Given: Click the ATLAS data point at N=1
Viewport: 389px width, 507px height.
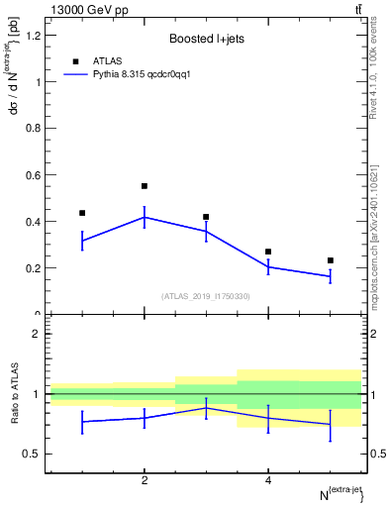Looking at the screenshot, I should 82,213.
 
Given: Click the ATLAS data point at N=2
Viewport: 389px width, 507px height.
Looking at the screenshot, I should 145,186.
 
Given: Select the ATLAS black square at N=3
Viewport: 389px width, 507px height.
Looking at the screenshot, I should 206,217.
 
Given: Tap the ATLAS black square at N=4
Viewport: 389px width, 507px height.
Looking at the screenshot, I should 268,252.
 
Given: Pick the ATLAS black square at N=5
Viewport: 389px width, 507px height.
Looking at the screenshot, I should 331,260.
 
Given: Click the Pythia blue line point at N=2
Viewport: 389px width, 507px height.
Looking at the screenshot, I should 145,217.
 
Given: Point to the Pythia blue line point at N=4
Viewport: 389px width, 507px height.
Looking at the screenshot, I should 268,266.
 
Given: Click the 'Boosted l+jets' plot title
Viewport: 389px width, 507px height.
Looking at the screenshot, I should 205,40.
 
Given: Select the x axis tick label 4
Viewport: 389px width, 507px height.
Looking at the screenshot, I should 268,481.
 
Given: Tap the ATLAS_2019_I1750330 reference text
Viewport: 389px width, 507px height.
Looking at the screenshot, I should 205,295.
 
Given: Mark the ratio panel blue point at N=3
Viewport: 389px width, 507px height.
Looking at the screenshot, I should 206,408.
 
